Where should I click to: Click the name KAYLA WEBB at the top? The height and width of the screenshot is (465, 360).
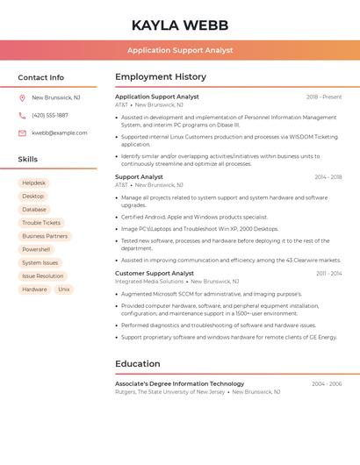pos(179,25)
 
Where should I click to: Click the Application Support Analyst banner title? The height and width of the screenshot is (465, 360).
pos(179,50)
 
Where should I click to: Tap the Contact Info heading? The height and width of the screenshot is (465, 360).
pos(40,77)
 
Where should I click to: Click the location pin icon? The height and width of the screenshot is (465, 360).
pos(22,98)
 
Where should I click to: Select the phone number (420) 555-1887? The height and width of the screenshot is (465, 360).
pos(50,116)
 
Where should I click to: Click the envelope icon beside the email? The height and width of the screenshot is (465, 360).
pos(22,133)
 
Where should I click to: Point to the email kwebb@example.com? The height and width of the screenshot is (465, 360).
pos(60,133)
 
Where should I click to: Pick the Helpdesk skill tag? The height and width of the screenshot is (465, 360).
pos(34,183)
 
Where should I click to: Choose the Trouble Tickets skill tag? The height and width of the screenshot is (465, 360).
pos(41,223)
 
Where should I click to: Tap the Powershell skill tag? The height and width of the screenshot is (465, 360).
pos(36,250)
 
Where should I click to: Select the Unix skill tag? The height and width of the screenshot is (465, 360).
pos(64,290)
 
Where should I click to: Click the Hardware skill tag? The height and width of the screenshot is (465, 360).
pos(34,290)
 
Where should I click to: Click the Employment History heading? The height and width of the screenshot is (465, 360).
pos(161,77)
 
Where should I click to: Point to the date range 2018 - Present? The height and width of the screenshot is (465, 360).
pos(324,97)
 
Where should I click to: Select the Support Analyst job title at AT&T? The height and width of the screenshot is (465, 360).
pos(139,177)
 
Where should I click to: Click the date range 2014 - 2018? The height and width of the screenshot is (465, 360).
pos(328,177)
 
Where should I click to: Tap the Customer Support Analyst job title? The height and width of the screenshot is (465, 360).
pos(155,274)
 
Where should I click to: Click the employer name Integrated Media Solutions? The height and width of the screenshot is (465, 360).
pos(149,282)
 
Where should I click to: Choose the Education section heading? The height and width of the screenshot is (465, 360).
pos(138,364)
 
